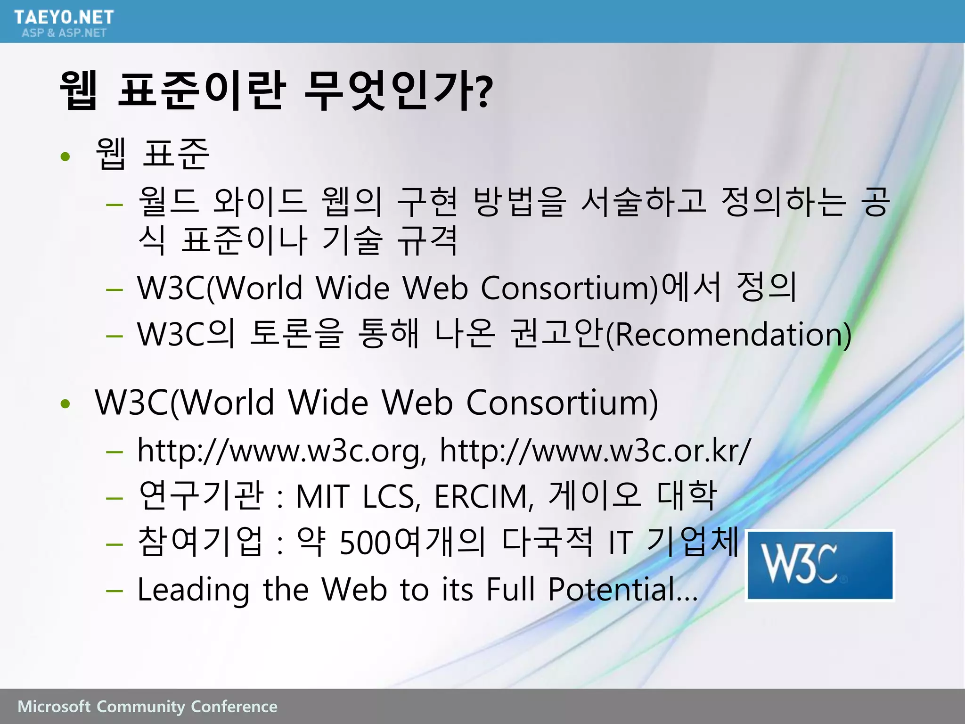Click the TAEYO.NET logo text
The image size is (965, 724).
click(x=64, y=17)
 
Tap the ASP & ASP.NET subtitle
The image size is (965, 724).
click(x=64, y=33)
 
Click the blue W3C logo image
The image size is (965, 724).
click(x=820, y=565)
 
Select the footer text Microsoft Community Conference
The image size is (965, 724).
click(x=147, y=707)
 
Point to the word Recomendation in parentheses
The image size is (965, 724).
click(x=728, y=335)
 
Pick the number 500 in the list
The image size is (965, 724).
click(x=366, y=543)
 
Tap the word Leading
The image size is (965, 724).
click(x=193, y=590)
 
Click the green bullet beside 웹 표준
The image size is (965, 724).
click(x=65, y=156)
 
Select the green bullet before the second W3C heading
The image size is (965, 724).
click(x=65, y=403)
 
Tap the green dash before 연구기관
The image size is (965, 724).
click(x=114, y=498)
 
